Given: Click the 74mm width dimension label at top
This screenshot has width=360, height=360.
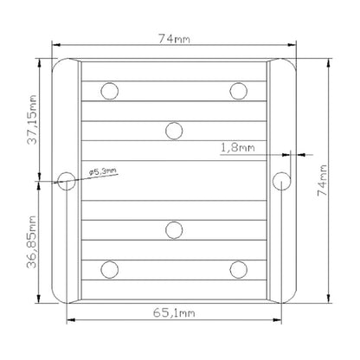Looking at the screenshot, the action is pyautogui.click(x=175, y=39).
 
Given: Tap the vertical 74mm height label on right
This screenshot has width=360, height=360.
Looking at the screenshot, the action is pyautogui.click(x=322, y=181).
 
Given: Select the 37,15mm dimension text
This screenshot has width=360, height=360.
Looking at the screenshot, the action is pyautogui.click(x=32, y=119).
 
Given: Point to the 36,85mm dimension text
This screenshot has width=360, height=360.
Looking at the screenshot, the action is pyautogui.click(x=32, y=242).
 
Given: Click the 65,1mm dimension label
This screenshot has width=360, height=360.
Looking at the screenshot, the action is pyautogui.click(x=174, y=312).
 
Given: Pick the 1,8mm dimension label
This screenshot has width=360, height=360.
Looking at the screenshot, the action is pyautogui.click(x=238, y=148).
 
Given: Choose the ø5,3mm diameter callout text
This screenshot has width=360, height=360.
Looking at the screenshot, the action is pyautogui.click(x=103, y=172).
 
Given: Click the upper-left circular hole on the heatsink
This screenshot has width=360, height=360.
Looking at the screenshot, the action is pyautogui.click(x=110, y=91).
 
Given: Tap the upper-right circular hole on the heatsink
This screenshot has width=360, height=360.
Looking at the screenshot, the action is pyautogui.click(x=239, y=91).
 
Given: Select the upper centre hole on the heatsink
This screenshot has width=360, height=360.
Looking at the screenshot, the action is pyautogui.click(x=174, y=131).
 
